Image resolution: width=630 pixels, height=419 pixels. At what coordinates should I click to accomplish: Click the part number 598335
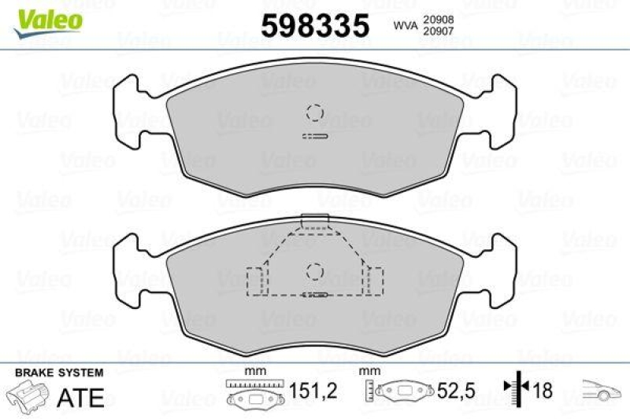[315, 25]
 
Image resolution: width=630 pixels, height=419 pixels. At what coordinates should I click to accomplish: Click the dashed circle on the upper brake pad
[315, 112]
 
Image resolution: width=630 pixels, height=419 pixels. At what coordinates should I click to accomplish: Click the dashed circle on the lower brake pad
[315, 271]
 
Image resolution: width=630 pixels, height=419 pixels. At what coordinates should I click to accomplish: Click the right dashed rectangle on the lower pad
[374, 281]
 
